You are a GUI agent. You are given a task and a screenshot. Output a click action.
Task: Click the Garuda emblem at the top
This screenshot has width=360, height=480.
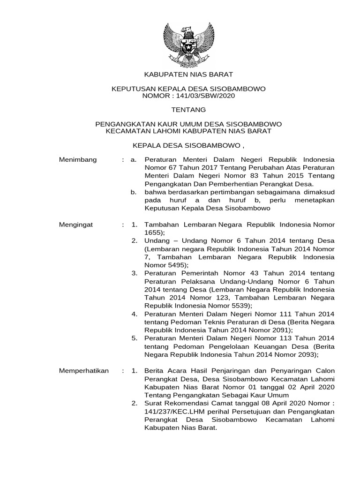(188, 44)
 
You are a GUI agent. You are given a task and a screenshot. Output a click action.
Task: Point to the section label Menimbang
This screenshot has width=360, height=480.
(78, 159)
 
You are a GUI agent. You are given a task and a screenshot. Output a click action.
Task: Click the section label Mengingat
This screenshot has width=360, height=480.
(76, 225)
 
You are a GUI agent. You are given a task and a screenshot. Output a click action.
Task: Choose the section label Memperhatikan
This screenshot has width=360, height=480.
(84, 371)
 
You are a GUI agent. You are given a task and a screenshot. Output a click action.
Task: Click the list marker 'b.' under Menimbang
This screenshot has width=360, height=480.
(134, 192)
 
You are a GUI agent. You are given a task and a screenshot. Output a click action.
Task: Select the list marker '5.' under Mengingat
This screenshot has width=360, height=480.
(134, 338)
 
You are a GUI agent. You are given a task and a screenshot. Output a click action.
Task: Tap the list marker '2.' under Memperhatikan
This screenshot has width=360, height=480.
(134, 404)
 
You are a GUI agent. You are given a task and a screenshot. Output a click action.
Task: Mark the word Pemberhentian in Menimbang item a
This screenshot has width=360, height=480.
(225, 184)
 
